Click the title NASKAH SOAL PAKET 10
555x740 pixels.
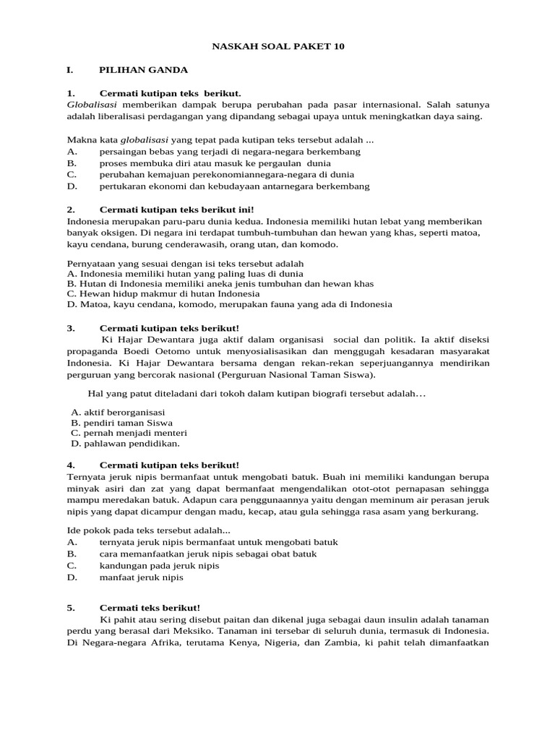(x=278, y=47)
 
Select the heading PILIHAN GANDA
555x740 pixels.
(x=143, y=70)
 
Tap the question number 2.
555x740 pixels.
(x=70, y=210)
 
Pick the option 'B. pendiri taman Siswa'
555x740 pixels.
(x=121, y=422)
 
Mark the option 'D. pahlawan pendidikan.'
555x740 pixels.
(x=125, y=444)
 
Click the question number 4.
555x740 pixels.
(x=70, y=465)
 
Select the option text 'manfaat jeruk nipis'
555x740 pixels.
(x=142, y=577)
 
